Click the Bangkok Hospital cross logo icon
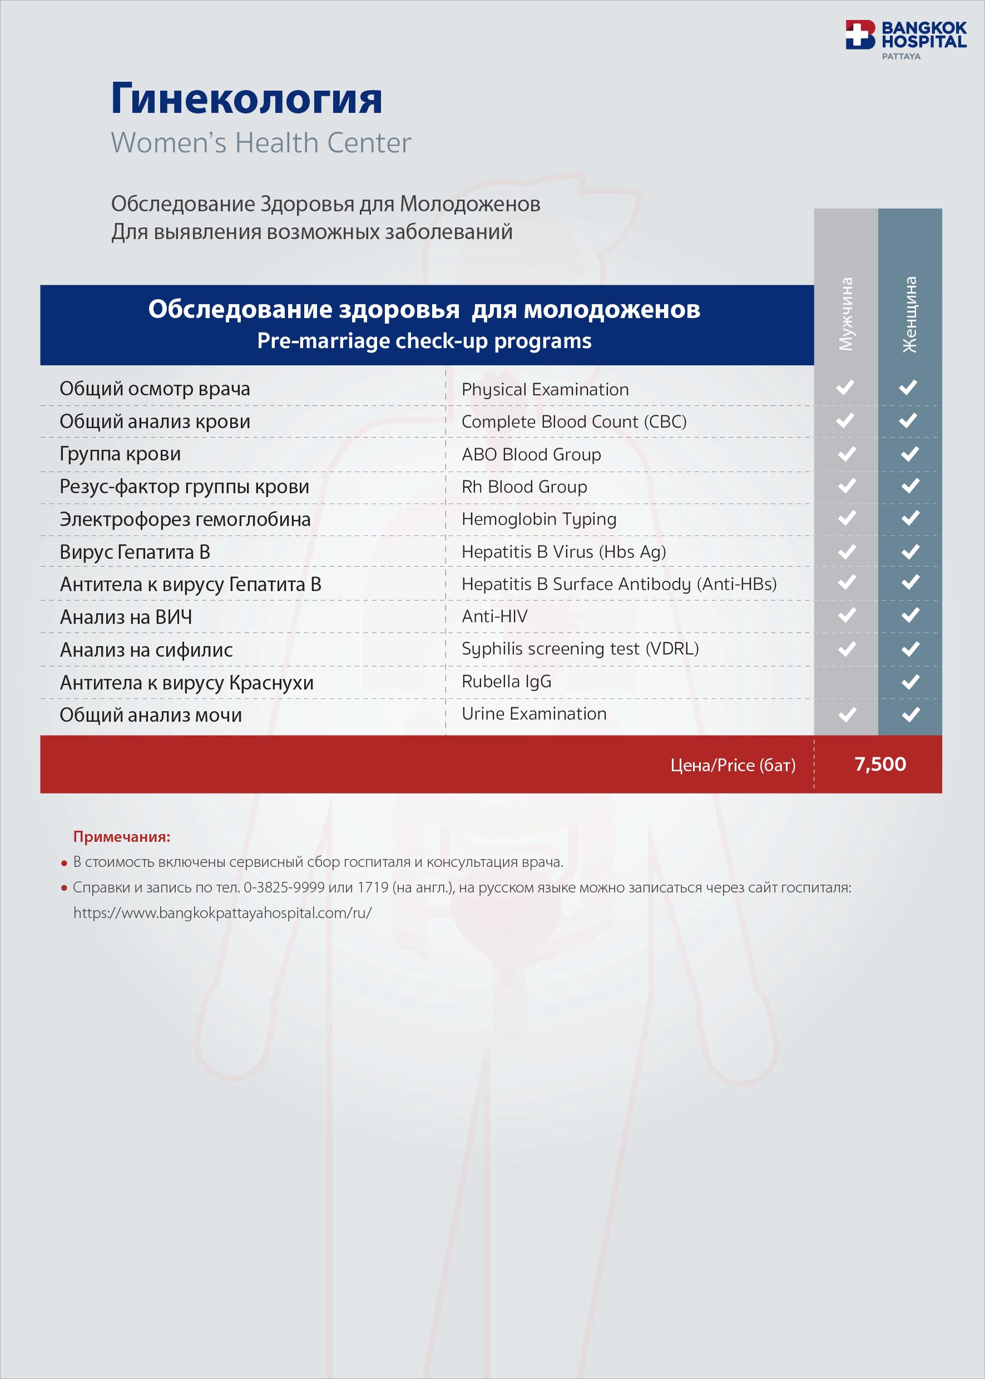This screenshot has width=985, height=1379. (860, 34)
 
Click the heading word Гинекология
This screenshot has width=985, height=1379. (246, 98)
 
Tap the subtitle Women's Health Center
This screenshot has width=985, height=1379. (261, 143)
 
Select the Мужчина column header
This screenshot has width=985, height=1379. (845, 314)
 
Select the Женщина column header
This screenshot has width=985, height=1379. (909, 314)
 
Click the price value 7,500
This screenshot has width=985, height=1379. (879, 764)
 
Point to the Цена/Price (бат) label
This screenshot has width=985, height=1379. (732, 765)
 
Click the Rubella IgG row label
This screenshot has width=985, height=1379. (507, 682)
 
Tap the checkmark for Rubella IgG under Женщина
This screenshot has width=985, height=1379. (910, 682)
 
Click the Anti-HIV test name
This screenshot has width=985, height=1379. (494, 616)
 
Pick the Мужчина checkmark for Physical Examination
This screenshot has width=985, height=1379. (845, 387)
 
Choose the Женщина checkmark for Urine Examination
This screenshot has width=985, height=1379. (910, 715)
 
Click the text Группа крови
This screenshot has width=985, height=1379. (120, 454)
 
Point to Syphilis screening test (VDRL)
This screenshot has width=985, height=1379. (580, 649)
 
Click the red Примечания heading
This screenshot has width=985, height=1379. (121, 837)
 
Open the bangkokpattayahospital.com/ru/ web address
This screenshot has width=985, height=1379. (222, 912)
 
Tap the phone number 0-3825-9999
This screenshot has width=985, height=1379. (284, 887)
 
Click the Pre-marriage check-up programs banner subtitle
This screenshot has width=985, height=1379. (424, 341)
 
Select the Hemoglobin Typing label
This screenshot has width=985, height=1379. (538, 519)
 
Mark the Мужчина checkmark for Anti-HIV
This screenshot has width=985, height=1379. (846, 616)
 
